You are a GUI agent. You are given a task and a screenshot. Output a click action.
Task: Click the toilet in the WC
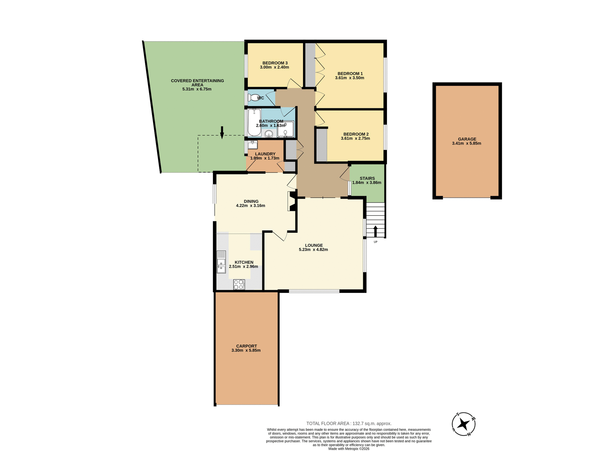click(x=253, y=98)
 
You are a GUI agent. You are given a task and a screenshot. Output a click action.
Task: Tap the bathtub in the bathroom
click(x=254, y=122)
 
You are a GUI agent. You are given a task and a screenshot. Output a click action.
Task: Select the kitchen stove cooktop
click(x=239, y=284)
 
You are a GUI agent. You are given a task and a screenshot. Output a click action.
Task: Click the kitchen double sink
click(x=221, y=262)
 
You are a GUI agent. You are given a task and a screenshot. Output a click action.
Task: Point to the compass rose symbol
click(x=464, y=424)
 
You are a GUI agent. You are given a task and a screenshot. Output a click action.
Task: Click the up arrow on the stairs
click(x=375, y=231)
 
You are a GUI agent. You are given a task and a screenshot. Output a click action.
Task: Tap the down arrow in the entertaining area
click(x=222, y=132)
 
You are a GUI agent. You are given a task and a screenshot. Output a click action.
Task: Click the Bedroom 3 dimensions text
click(x=274, y=67)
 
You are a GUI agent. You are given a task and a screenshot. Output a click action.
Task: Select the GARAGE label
click(x=467, y=139)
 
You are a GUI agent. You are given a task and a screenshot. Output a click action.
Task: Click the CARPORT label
click(x=246, y=346)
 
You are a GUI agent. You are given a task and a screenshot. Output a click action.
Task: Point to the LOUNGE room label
click(x=314, y=245)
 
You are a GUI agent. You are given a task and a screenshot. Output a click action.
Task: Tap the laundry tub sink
click(x=252, y=145)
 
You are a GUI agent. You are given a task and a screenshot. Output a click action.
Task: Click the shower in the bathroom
click(x=285, y=129)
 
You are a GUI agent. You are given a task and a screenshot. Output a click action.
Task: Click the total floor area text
click(x=349, y=423)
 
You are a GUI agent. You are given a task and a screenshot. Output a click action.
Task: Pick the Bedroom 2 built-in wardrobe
click(x=321, y=145)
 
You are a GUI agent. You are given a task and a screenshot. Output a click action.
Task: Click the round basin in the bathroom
click(x=269, y=134)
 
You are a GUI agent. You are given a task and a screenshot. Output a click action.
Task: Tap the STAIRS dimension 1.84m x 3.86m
click(x=367, y=183)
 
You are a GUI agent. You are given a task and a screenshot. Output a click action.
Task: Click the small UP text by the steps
click(x=375, y=242)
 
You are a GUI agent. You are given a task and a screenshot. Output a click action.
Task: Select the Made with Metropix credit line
click(x=349, y=449)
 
